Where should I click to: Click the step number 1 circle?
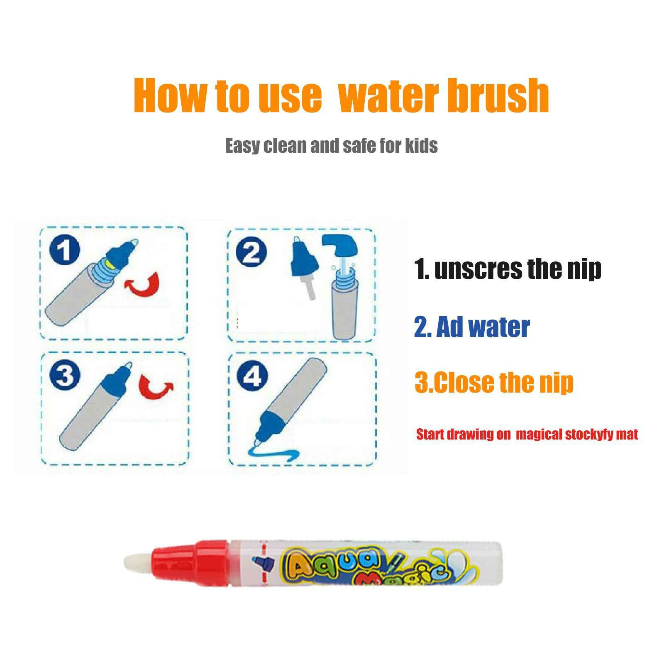click(x=63, y=252)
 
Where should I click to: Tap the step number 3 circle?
click(x=63, y=377)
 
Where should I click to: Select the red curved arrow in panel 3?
click(x=156, y=386)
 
